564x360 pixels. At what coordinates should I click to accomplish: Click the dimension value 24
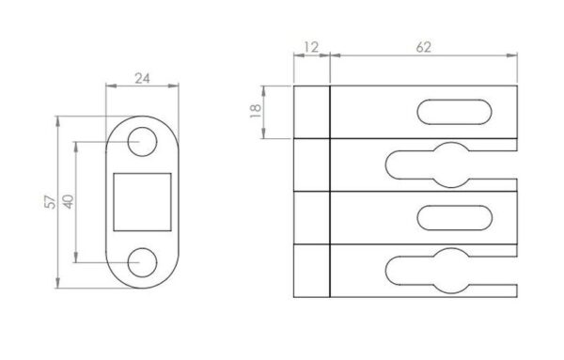142,78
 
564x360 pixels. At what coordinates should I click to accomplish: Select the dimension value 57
51,202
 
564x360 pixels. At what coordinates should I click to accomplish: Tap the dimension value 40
69,201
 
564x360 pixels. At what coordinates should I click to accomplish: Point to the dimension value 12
311,47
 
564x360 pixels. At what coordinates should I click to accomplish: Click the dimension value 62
423,47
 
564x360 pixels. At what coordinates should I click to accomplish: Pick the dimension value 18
255,112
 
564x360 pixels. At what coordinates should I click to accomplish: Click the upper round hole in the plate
142,142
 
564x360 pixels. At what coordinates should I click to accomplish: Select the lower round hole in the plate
142,262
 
